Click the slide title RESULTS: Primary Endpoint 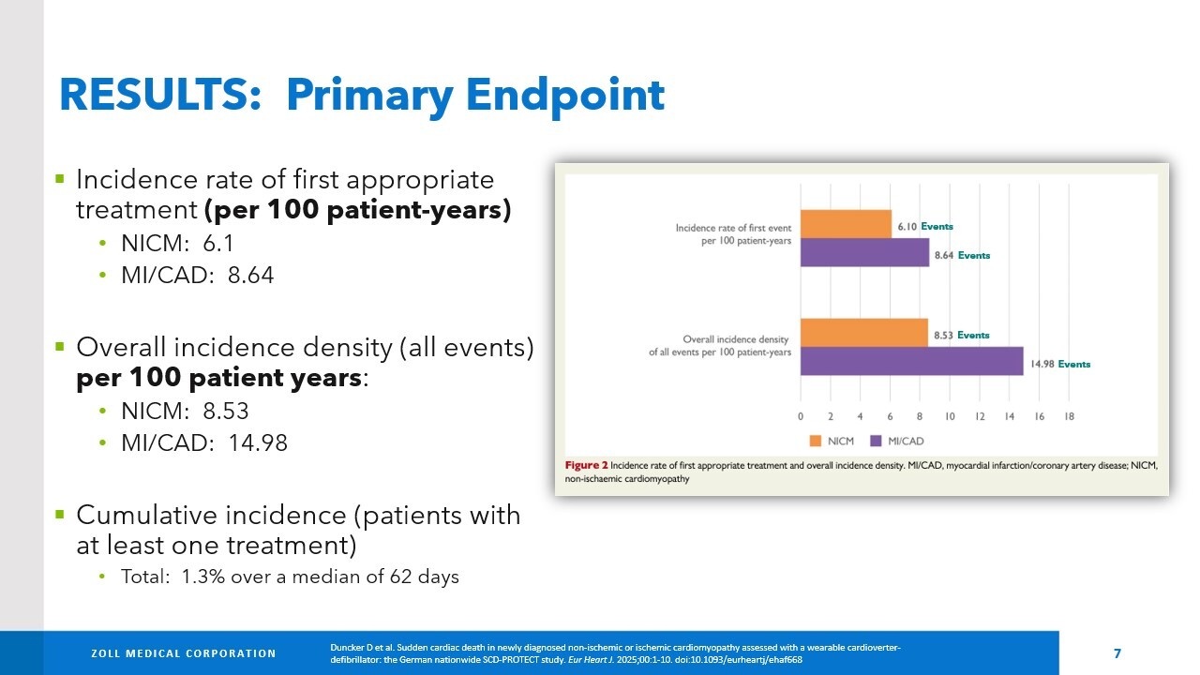point(362,95)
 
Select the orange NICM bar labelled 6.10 point(845,225)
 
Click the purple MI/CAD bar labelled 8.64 point(863,253)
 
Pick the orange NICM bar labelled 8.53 point(863,333)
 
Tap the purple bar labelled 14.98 point(911,362)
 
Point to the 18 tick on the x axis point(1069,415)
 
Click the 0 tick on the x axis point(800,415)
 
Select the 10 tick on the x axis point(949,415)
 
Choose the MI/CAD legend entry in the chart point(897,441)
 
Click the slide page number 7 point(1117,653)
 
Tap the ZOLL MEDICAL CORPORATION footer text point(183,653)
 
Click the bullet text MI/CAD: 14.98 point(203,443)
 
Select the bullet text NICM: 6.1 point(176,244)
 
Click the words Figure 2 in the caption point(585,465)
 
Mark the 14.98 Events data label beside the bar point(1060,364)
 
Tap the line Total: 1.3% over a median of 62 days point(290,577)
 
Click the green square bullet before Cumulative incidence point(60,514)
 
